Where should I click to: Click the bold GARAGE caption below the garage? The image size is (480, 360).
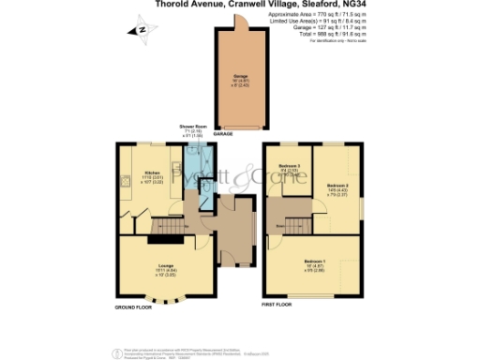[223, 134]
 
